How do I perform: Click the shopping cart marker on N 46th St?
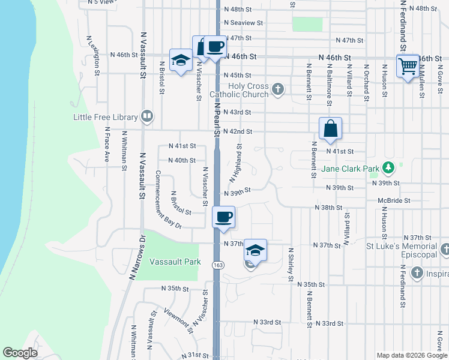[x=408, y=65]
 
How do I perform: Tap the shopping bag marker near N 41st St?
[x=330, y=128]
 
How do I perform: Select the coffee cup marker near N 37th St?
[x=224, y=217]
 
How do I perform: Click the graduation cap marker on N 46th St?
[x=179, y=59]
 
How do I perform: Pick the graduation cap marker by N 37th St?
[x=255, y=250]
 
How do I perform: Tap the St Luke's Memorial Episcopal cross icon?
[x=445, y=250]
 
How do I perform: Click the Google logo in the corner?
[x=20, y=352]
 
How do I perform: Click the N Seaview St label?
[x=243, y=23]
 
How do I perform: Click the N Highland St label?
[x=235, y=163]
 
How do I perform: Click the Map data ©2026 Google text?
[x=411, y=355]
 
